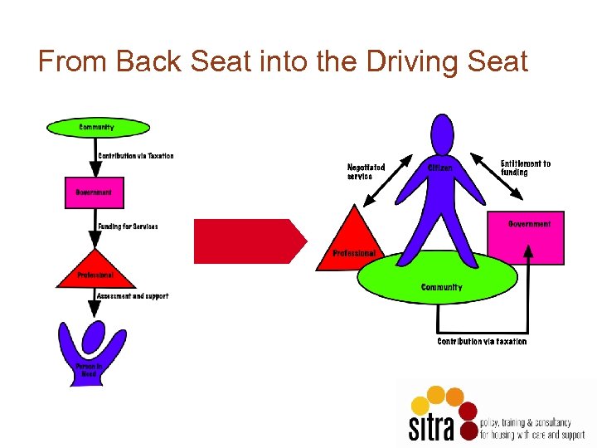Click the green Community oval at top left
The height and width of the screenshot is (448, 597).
(98, 128)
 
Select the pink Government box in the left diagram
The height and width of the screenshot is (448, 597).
(94, 192)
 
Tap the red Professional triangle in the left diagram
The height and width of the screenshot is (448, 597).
(95, 270)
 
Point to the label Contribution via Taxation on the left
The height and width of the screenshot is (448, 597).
(136, 156)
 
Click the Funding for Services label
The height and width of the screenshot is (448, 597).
(128, 226)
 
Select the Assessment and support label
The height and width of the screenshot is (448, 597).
(133, 296)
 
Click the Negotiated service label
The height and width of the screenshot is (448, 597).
(366, 172)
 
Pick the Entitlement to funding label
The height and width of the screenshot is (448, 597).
(525, 168)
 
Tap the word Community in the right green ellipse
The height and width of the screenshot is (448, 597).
(442, 288)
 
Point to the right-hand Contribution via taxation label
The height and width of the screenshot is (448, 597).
(482, 342)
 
